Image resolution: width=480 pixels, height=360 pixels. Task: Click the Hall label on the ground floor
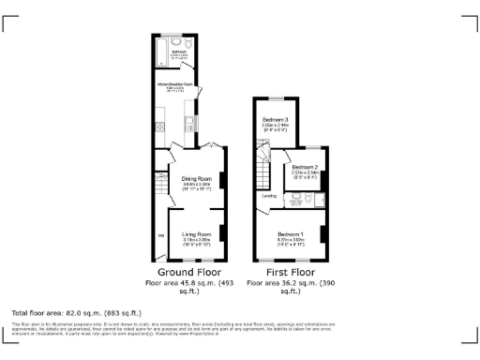161,235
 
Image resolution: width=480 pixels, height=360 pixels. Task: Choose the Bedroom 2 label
306,167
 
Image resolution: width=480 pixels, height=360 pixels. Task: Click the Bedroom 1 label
289,233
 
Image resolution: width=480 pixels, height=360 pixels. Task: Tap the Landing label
268,196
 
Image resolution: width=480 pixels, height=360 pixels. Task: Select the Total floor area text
76,312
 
